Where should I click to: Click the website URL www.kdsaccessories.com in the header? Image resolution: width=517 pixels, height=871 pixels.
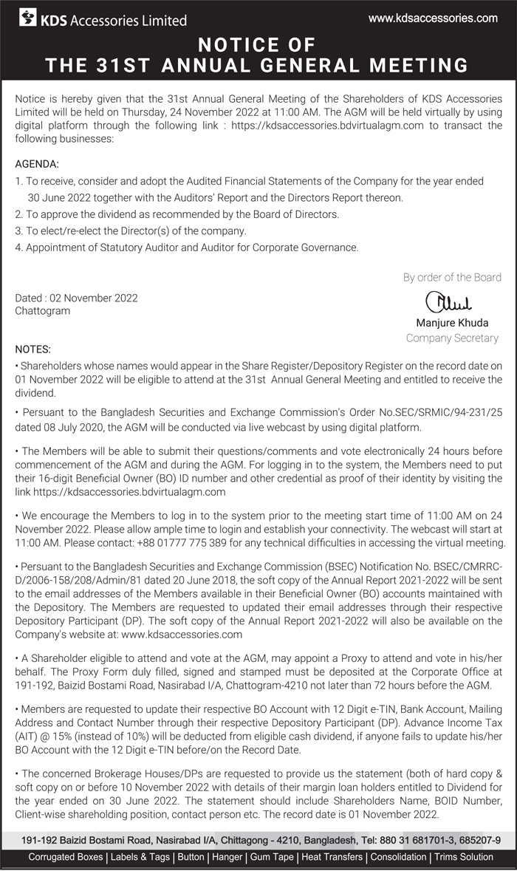pos(433,18)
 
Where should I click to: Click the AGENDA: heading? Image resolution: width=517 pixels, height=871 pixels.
pos(37,164)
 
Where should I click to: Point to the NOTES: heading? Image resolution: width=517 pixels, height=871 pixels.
pos(34,349)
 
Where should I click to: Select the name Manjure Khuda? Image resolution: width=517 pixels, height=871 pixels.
pos(452,323)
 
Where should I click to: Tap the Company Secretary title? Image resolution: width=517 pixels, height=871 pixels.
pos(452,338)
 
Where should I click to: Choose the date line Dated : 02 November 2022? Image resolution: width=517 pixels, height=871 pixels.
pos(77,298)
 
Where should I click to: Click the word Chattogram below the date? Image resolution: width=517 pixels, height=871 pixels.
pos(43,311)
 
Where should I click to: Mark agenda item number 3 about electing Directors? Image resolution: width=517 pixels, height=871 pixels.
pos(131,231)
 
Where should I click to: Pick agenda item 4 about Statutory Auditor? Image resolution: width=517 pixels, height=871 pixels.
pos(187,247)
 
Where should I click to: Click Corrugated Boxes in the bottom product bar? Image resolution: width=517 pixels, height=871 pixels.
pos(66,857)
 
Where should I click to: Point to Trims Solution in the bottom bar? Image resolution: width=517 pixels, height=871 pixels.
pos(463,857)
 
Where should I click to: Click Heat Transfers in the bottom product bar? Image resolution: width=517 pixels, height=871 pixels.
pos(332,857)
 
